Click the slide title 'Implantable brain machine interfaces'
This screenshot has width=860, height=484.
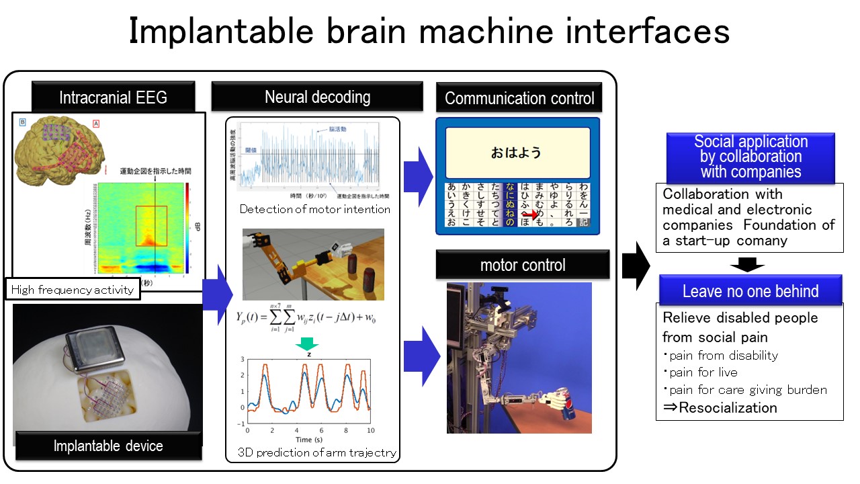(x=429, y=31)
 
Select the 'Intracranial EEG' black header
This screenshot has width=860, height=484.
(x=113, y=97)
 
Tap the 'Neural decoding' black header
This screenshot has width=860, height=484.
(x=317, y=97)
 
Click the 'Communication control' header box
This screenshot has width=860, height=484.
(x=519, y=98)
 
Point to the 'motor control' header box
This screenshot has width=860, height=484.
(x=523, y=265)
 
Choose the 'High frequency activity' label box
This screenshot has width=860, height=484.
(x=73, y=290)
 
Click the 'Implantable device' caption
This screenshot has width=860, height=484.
(x=108, y=446)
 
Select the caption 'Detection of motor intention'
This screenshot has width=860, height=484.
(x=315, y=209)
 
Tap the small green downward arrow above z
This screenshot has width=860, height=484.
(x=308, y=346)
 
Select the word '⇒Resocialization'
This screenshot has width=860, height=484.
(x=720, y=407)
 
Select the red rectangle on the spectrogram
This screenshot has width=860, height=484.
(x=150, y=226)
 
